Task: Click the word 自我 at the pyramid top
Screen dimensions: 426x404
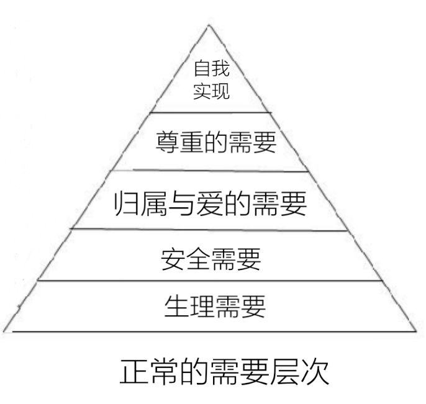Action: [x=212, y=69]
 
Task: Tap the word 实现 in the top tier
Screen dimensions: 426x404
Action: [x=212, y=92]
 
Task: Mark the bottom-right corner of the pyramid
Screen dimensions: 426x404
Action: [x=415, y=331]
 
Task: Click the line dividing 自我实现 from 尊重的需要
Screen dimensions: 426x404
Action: [x=211, y=112]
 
